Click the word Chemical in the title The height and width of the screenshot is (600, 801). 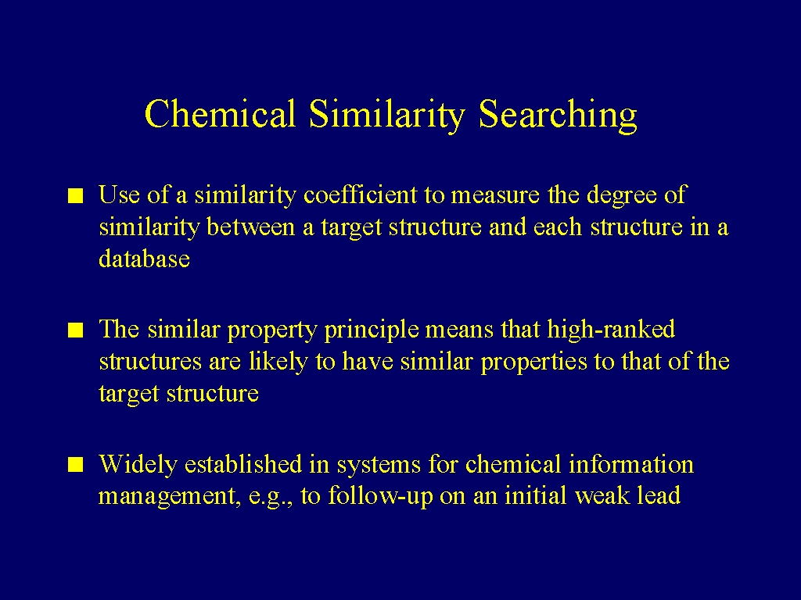(220, 113)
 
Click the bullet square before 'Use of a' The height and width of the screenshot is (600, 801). (76, 196)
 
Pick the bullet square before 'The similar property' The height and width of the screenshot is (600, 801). (76, 330)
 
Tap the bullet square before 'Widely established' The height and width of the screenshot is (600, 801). (76, 465)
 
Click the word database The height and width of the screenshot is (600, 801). (144, 258)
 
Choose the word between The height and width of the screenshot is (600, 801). (251, 227)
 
